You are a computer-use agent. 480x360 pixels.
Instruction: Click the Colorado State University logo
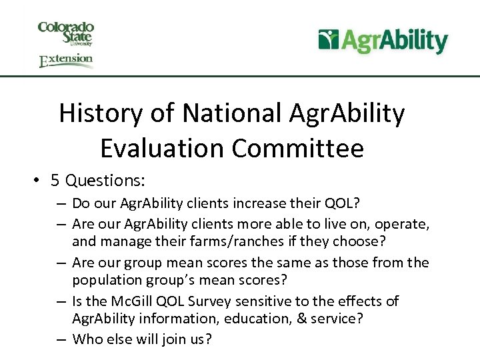pyautogui.click(x=65, y=33)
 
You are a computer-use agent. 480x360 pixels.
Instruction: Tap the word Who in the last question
pyautogui.click(x=86, y=339)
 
